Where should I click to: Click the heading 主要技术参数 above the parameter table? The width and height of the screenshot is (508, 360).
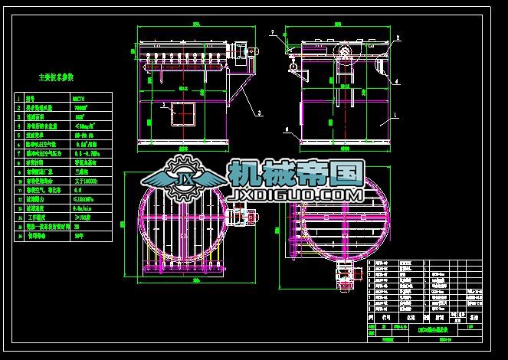coord(61,77)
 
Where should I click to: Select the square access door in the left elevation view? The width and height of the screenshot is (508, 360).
coord(183,114)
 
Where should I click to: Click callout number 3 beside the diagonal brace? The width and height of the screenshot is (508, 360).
coord(260,112)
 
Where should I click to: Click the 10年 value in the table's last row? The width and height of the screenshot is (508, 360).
coord(80,237)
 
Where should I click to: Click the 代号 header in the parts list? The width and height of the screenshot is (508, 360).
coord(385,315)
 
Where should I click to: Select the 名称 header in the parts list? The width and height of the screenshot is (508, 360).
coord(410,315)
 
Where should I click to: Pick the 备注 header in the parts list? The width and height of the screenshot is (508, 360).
coord(473,315)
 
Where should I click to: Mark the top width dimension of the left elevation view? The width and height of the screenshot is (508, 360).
coord(195,25)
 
